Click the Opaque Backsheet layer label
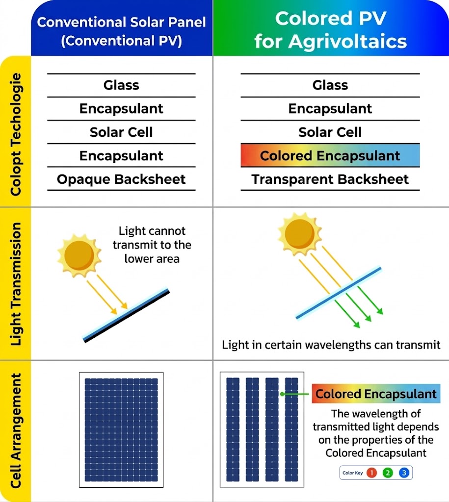[x=121, y=179]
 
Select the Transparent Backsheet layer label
[x=330, y=179]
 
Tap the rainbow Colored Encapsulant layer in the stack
[x=330, y=155]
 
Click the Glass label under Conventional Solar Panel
[x=121, y=85]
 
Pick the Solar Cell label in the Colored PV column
[x=330, y=132]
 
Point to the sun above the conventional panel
[x=79, y=255]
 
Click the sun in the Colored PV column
[x=300, y=234]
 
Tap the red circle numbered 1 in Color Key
[x=372, y=473]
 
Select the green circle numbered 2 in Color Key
[x=388, y=473]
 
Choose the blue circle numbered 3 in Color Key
[x=404, y=473]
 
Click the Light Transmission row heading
[x=16, y=284]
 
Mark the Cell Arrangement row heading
[x=16, y=430]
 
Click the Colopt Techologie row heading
[x=16, y=134]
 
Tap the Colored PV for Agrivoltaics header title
[x=330, y=30]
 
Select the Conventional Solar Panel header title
[x=122, y=31]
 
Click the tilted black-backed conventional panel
[x=126, y=315]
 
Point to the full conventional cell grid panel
[x=121, y=430]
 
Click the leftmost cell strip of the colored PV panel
[x=233, y=429]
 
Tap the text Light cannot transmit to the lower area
[x=152, y=245]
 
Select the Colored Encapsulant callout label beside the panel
[x=376, y=394]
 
